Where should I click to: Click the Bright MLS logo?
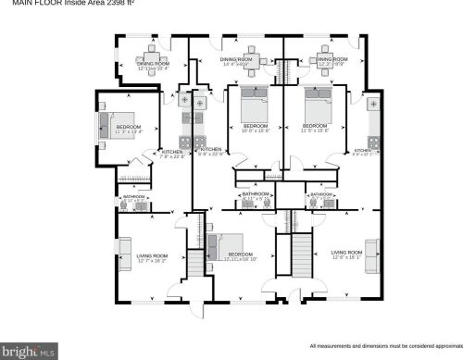click(x=29, y=351)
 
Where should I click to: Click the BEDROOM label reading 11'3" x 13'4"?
click(x=128, y=129)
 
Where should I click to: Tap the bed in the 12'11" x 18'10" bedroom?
click(x=219, y=249)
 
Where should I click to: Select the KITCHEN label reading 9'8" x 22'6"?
click(x=211, y=151)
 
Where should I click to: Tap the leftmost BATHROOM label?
click(x=134, y=197)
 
